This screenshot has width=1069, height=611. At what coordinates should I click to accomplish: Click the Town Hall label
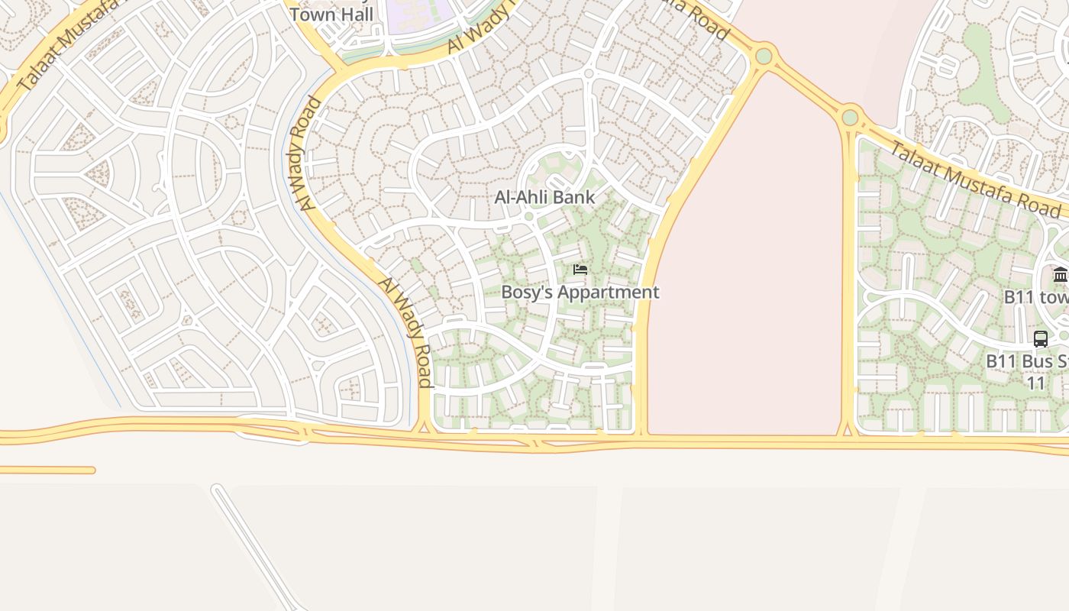(x=331, y=14)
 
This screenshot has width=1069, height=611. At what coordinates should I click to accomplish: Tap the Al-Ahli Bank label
(x=544, y=197)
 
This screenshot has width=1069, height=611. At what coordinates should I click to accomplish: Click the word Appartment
(x=608, y=292)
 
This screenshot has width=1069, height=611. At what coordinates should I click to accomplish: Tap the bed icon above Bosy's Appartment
(x=580, y=270)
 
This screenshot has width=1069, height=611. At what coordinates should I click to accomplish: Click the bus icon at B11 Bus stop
(x=1040, y=338)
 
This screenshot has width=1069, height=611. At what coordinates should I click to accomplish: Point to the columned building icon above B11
(x=1060, y=275)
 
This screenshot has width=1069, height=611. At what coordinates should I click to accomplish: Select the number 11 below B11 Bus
(x=1035, y=383)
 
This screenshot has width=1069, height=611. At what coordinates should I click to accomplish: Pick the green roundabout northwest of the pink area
(x=764, y=56)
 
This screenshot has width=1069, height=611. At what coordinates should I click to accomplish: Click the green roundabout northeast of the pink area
(x=850, y=118)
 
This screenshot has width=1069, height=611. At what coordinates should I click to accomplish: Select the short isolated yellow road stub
(x=46, y=470)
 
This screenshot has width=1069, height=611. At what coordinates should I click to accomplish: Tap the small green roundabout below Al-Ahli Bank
(x=528, y=217)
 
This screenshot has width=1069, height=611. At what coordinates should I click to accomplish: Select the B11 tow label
(x=1035, y=296)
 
